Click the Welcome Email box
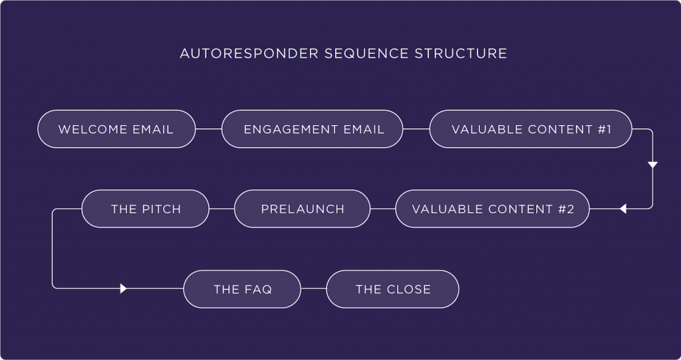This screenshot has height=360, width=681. click(116, 129)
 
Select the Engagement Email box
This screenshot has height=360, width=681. click(313, 129)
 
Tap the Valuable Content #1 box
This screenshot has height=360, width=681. click(531, 129)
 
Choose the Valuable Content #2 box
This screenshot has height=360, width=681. click(493, 209)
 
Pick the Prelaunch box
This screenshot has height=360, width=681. click(303, 209)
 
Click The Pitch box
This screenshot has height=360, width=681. click(146, 209)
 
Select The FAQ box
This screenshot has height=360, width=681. click(242, 289)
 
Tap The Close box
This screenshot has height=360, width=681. click(392, 289)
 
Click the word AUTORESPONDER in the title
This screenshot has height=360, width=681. click(249, 53)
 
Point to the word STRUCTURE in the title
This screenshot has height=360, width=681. click(461, 53)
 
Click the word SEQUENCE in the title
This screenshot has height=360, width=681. click(366, 53)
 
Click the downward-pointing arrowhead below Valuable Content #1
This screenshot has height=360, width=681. click(653, 165)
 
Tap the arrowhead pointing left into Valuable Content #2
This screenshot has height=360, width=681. click(622, 209)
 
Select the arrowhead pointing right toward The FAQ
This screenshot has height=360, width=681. click(123, 288)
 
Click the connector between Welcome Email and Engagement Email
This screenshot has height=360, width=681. click(209, 129)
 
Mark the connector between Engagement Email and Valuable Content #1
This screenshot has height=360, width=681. click(416, 129)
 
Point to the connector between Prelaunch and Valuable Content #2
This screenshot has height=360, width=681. click(383, 209)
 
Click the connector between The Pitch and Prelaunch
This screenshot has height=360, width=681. click(222, 209)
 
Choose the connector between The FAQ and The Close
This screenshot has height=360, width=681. click(314, 288)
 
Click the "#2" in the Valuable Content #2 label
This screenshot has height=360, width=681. click(567, 209)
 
